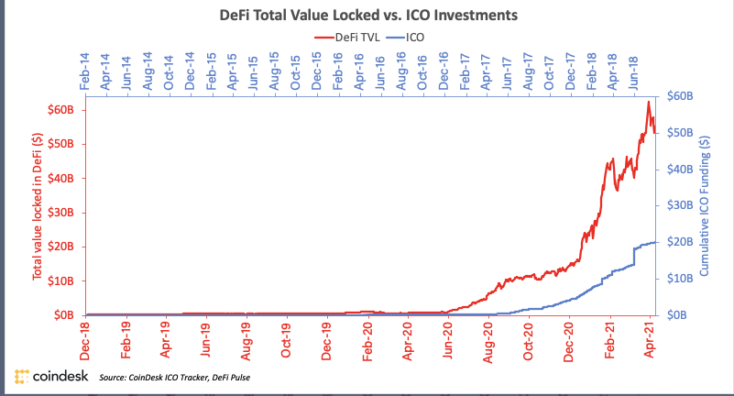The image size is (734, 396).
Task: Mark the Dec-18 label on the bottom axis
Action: (x=85, y=337)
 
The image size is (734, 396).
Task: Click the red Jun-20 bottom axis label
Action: (x=448, y=337)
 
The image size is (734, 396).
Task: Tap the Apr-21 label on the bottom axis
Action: (x=650, y=337)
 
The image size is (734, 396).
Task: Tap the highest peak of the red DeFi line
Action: (x=648, y=102)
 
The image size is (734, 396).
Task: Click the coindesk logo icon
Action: (x=22, y=377)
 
